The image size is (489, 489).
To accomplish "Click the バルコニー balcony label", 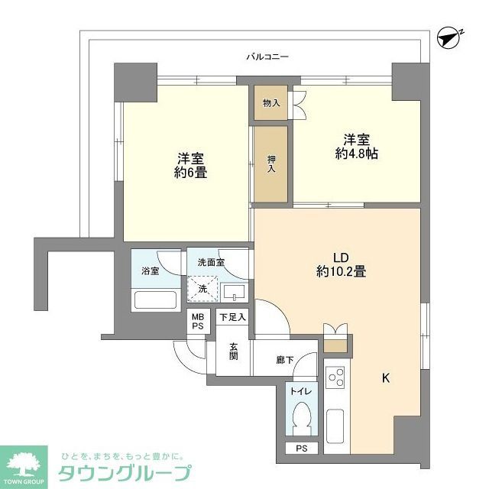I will coord(267,57).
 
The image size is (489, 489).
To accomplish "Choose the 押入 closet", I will coord(271,164).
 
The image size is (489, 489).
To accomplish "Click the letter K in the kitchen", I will coord(386,377).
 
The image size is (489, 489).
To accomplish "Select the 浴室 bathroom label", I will coord(150,271).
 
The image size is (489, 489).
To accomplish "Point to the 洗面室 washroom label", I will coord(211,262).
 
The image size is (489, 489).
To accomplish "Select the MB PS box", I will coord(198,322).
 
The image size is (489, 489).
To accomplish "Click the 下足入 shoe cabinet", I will coord(232,318).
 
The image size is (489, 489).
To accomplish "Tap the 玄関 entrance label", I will coord(233,351).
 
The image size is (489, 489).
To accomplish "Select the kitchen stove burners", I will coord(335,379).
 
